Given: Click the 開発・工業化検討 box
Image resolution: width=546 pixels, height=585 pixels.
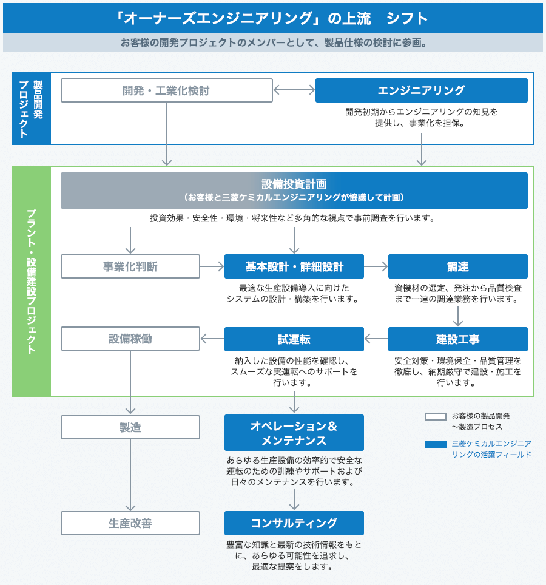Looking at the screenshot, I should click(x=166, y=90).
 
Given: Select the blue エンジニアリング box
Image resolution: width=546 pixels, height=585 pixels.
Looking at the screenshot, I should click(x=421, y=90).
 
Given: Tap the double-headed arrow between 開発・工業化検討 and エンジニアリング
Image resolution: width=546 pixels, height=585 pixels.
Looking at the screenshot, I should click(x=294, y=90).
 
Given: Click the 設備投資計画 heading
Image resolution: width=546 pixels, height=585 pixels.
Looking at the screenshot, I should click(x=294, y=184).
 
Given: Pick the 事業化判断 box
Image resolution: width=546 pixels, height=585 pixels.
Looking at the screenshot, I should click(x=130, y=266).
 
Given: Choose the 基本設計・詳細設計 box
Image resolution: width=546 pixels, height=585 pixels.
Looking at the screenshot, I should click(x=294, y=266).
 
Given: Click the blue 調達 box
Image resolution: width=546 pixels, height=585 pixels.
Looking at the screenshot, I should click(x=458, y=266).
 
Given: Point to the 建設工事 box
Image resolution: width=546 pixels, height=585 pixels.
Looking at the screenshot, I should click(x=458, y=339).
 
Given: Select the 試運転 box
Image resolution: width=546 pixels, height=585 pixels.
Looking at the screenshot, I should click(x=294, y=339).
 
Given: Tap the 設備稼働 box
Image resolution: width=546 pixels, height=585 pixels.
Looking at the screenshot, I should click(x=130, y=339).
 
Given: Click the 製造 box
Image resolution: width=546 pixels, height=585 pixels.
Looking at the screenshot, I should click(x=130, y=427).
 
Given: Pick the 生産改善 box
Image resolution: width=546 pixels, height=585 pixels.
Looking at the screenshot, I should click(x=130, y=523).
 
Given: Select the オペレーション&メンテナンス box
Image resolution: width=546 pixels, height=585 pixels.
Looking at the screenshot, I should click(x=294, y=433).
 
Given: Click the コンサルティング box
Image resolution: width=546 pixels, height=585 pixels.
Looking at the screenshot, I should click(x=294, y=523).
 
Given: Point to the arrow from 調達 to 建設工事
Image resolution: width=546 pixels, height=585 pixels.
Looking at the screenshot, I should click(x=458, y=314).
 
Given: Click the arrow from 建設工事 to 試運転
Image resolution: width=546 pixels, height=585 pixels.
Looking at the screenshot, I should click(x=376, y=339).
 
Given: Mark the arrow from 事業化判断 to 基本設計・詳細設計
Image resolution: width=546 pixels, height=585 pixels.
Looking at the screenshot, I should click(x=212, y=266).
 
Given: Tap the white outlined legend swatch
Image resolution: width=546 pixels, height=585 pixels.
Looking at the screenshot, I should click(x=436, y=417).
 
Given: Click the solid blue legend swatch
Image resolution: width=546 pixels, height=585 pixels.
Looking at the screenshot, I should click(x=436, y=445).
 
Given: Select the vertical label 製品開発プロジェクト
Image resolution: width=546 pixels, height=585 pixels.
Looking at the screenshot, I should click(x=32, y=109).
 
